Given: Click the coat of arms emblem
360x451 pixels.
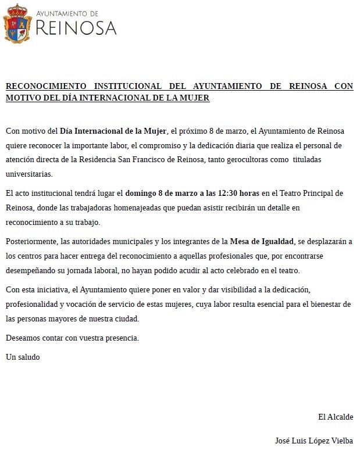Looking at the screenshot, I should pos(18,23).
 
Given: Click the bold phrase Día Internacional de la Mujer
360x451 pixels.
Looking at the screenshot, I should pos(113,130).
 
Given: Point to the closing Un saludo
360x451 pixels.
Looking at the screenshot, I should pos(23,357).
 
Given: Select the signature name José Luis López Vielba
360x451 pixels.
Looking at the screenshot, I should pos(314,441).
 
